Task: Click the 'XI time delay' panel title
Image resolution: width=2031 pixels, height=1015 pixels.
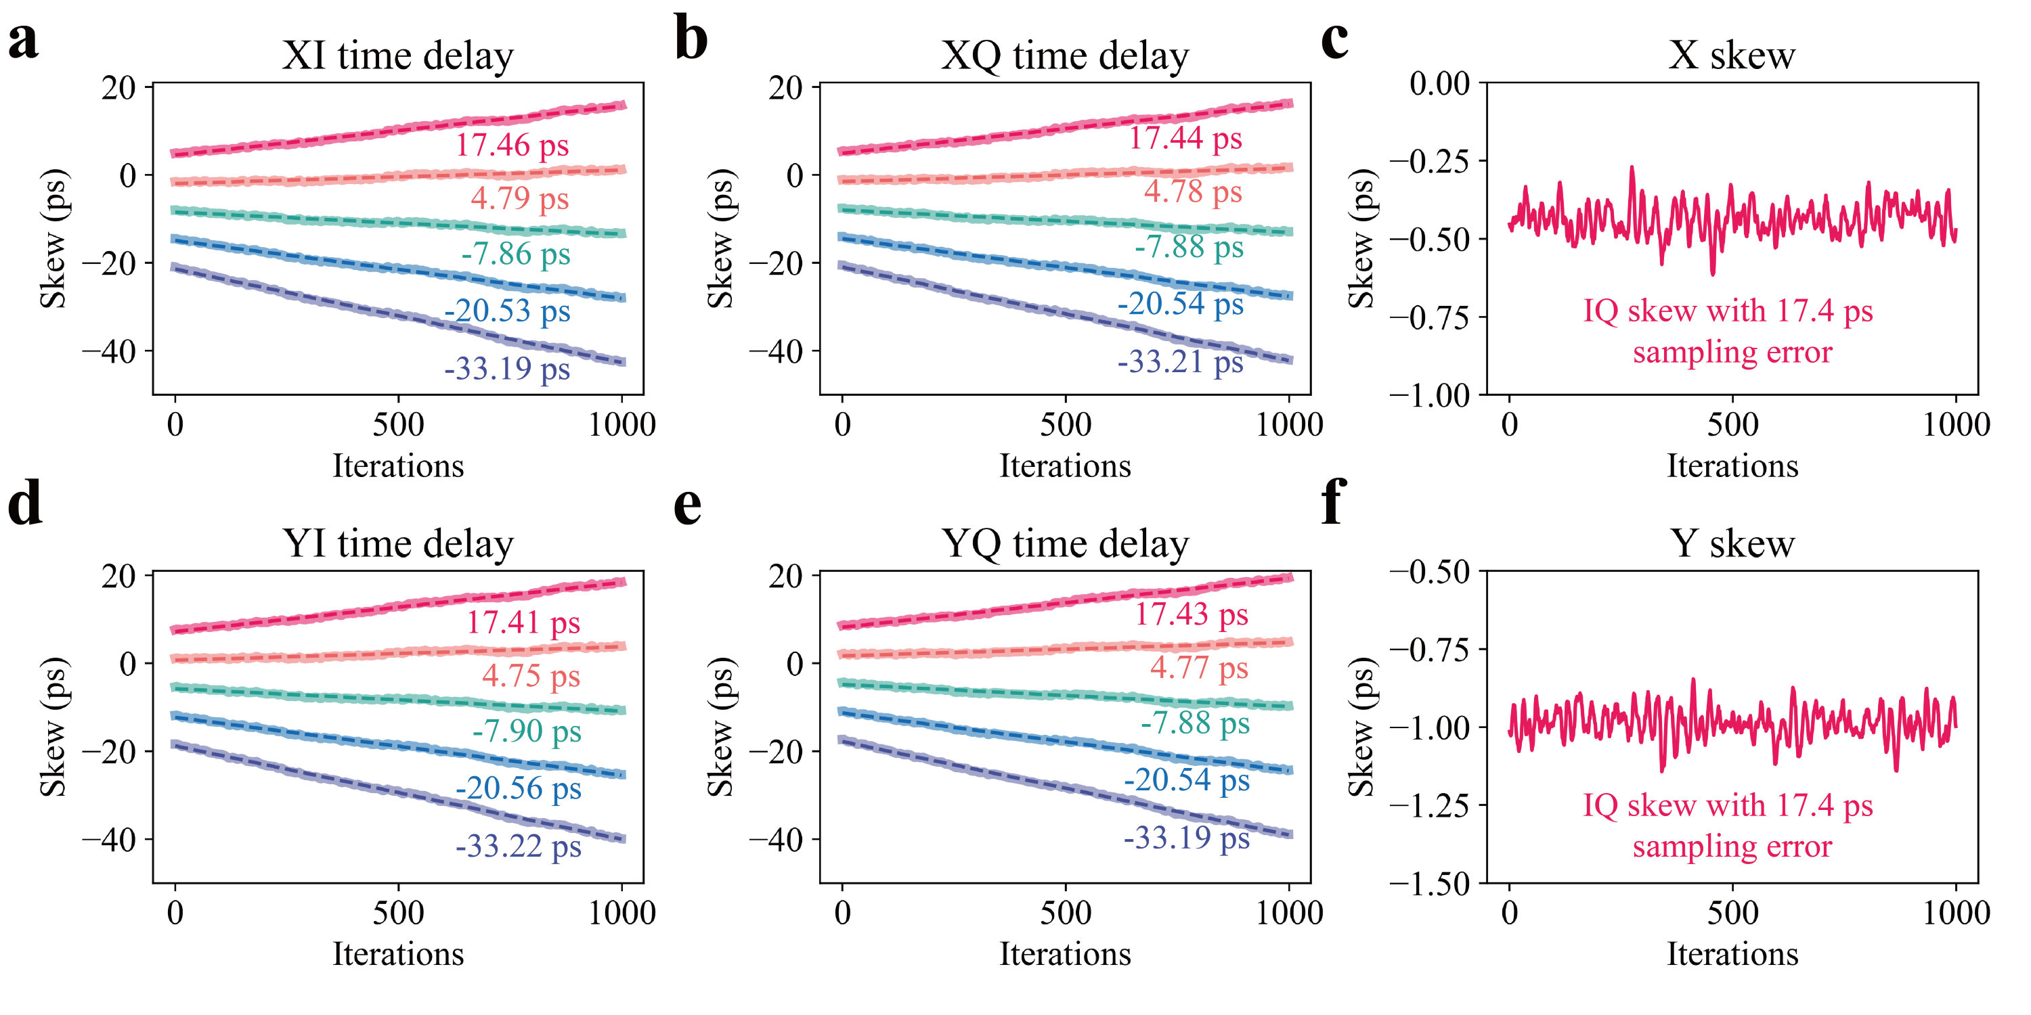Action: point(397,56)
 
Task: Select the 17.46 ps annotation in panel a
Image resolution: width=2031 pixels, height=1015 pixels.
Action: point(512,145)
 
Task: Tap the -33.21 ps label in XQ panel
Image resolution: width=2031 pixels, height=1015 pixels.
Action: point(1179,362)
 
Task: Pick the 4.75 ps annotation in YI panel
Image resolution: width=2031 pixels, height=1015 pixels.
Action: point(531,676)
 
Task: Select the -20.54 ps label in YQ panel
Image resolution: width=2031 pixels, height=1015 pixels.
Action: point(1187,780)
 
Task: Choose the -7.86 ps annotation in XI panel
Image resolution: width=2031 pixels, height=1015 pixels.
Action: point(516,254)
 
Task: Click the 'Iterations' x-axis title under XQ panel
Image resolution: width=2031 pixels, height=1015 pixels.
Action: point(1065,466)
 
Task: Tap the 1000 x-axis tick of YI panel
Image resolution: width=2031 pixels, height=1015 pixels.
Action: point(622,913)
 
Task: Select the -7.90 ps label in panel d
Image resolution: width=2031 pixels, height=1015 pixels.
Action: point(527,731)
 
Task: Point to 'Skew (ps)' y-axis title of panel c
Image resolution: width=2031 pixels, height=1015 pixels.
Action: point(1361,238)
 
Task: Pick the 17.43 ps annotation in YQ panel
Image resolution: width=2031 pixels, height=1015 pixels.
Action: point(1191,614)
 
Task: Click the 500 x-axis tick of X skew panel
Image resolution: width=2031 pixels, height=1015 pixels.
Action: point(1732,426)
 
